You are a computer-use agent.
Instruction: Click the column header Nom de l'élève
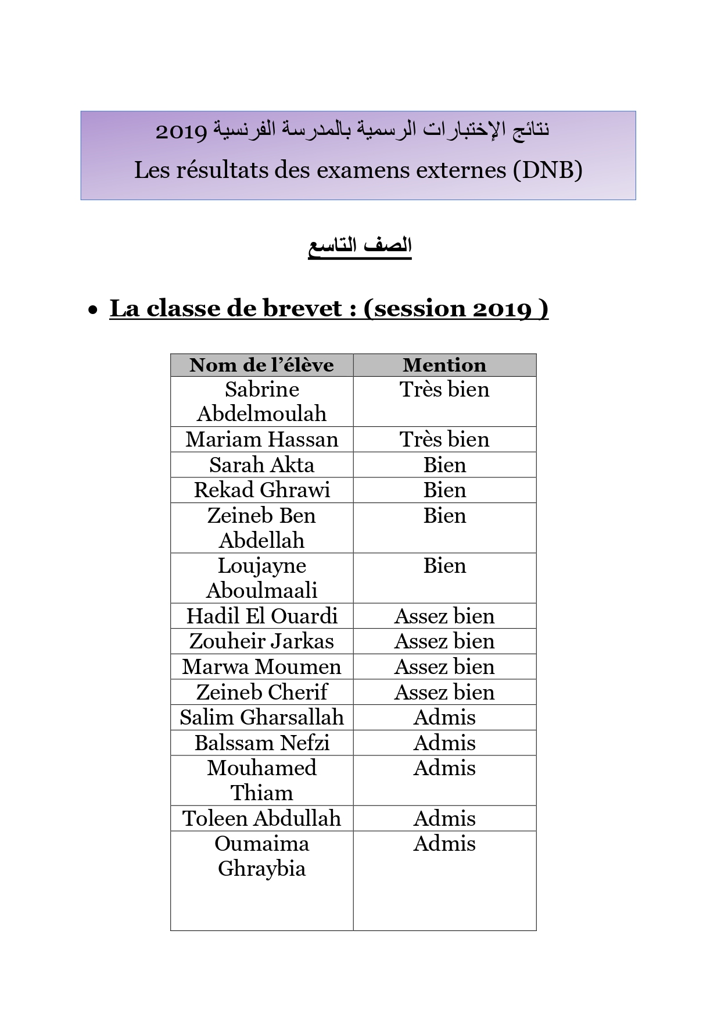pos(261,365)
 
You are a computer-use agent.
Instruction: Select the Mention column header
pos(444,365)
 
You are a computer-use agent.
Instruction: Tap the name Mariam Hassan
pos(261,440)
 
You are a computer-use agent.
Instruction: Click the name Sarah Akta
pos(261,465)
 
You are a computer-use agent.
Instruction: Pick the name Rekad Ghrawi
pos(261,490)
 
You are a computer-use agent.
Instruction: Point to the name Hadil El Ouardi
pos(261,616)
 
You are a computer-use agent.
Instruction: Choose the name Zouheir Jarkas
pos(261,641)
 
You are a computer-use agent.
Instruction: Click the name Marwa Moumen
pos(261,667)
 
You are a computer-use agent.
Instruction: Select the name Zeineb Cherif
pos(261,692)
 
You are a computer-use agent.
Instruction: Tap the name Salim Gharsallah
pos(261,718)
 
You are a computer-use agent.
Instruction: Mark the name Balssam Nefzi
pos(261,743)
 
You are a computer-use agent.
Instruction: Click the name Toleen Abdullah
pos(261,819)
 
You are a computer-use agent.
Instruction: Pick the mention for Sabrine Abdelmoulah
pos(444,390)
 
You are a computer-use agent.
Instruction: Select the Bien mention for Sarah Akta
pos(444,465)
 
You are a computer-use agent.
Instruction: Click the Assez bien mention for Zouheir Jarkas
pos(444,641)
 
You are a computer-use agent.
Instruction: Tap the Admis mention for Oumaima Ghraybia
pos(444,844)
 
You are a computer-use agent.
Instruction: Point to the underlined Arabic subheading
pos(360,246)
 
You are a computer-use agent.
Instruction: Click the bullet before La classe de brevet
pos(93,311)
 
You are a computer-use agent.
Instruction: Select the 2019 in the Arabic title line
pos(181,131)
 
